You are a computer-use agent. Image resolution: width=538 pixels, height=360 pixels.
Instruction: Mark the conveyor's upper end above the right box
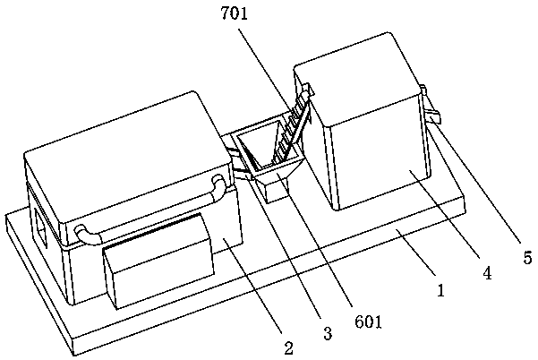(309, 90)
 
